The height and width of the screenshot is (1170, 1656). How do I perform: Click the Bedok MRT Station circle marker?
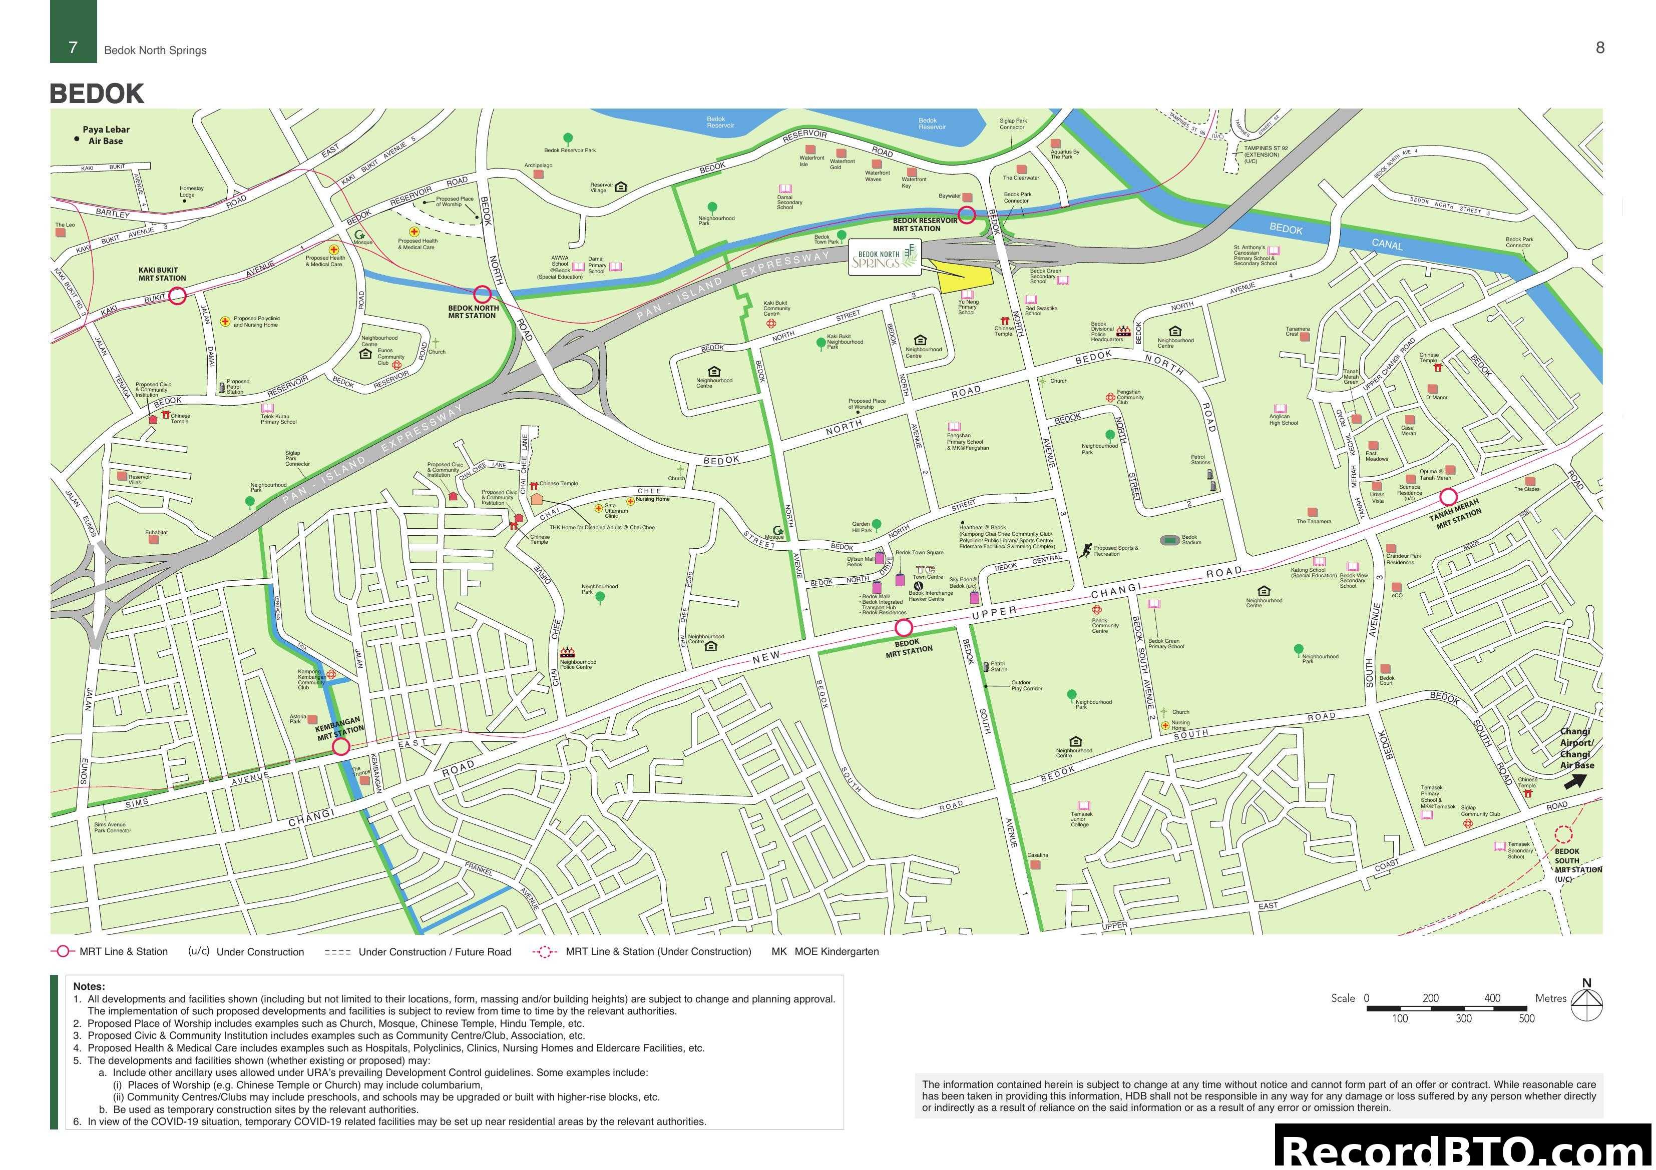(904, 628)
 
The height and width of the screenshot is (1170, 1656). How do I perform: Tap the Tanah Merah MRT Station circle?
(1448, 497)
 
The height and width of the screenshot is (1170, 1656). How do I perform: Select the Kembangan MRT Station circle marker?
(341, 747)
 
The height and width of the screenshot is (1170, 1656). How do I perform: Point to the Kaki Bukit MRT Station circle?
(177, 296)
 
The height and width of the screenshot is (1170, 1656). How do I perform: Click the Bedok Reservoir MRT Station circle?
(967, 214)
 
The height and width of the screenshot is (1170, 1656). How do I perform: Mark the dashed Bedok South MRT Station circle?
(1563, 835)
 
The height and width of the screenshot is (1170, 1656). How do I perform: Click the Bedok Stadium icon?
(1170, 540)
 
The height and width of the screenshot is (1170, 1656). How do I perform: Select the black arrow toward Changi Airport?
(1574, 781)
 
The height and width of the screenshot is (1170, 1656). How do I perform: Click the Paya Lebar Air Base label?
(105, 135)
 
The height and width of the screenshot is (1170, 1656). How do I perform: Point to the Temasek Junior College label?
(1081, 819)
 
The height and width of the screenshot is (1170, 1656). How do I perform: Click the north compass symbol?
(1586, 1003)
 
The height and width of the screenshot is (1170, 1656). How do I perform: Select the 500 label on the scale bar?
(1526, 1018)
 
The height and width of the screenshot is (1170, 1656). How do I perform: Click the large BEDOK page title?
(97, 94)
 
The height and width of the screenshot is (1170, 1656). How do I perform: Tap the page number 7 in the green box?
(73, 48)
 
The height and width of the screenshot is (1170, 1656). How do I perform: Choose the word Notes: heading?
(89, 986)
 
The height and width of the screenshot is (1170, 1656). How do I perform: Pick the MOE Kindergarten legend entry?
(825, 951)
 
